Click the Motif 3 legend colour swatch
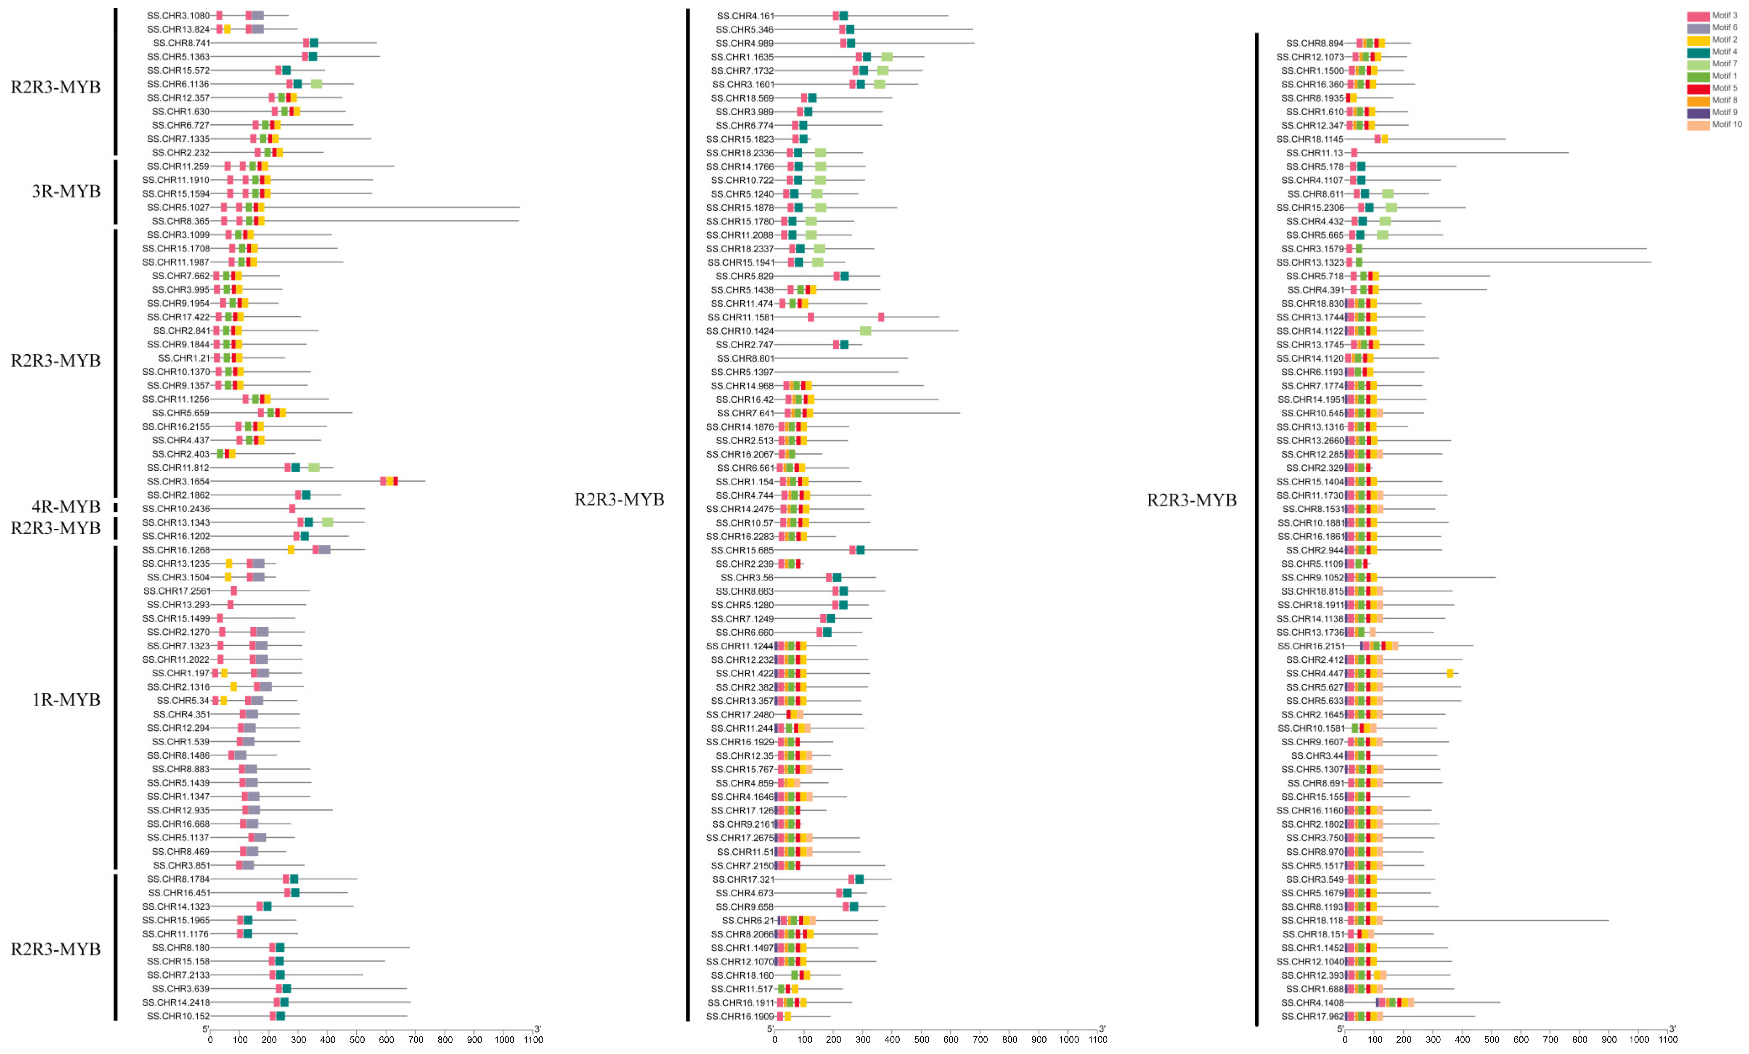coord(1698,16)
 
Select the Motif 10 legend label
coord(1726,124)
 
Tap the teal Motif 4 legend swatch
coord(1698,52)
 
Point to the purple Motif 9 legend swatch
coord(1698,112)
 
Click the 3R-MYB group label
coord(66,191)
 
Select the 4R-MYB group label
coord(66,507)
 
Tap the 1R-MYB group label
coord(66,700)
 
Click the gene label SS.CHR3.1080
coord(178,16)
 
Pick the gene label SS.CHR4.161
coord(745,16)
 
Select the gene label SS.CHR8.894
coord(1314,43)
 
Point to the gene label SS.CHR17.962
coord(1314,1017)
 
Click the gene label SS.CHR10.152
coord(178,1017)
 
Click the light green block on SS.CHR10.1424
coord(865,331)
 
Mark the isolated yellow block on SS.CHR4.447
coord(1450,673)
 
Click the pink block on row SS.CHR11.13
coord(1354,153)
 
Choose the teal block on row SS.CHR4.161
coord(843,16)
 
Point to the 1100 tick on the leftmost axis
coord(533,1039)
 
